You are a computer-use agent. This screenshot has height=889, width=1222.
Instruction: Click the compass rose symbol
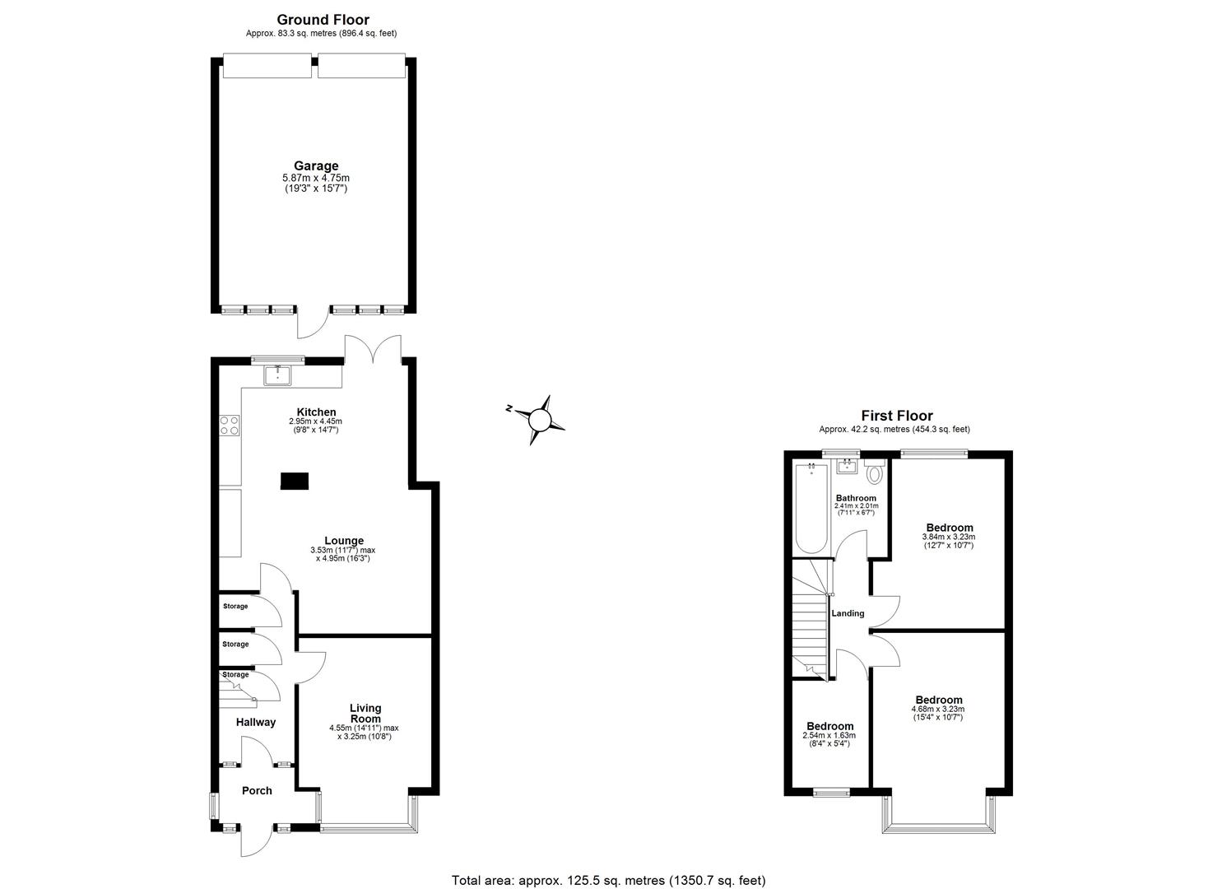tap(538, 421)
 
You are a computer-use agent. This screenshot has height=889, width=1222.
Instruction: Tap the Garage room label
tap(316, 166)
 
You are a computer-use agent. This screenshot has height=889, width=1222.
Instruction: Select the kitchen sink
tap(277, 376)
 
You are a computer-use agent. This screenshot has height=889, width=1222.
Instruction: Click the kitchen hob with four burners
tap(230, 426)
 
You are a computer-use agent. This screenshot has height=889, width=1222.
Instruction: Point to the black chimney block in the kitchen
tap(294, 482)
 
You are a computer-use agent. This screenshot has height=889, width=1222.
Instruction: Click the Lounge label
tap(343, 541)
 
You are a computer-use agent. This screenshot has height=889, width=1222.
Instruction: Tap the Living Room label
tap(365, 713)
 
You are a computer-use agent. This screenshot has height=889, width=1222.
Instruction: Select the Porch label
tap(257, 791)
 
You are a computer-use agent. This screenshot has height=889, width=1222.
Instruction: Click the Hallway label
tap(256, 723)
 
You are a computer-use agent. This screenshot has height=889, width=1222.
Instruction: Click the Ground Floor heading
tap(323, 20)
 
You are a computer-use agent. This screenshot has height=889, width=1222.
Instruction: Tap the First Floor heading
tap(896, 417)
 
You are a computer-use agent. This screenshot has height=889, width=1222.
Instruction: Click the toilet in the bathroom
tap(874, 472)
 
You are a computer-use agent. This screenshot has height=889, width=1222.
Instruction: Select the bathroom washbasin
tap(847, 467)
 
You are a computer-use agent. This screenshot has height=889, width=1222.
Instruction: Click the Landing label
tap(848, 613)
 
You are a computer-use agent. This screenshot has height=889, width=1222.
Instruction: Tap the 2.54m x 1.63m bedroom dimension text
tap(829, 736)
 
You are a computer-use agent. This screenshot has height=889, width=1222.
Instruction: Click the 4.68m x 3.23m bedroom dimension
tap(937, 710)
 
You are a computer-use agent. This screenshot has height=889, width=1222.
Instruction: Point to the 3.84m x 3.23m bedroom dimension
tap(949, 537)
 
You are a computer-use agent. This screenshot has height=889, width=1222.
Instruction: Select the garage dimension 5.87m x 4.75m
tap(316, 178)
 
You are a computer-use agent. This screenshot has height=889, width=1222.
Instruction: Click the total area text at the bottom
tap(609, 880)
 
